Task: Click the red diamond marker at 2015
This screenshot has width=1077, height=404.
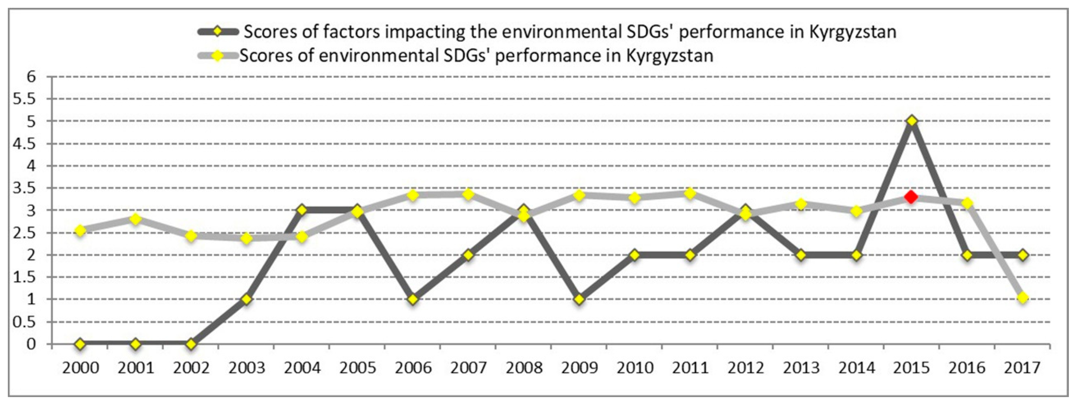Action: pyautogui.click(x=911, y=196)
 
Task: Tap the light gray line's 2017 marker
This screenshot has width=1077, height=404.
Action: pyautogui.click(x=1023, y=298)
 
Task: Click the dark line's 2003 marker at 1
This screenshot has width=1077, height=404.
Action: pyautogui.click(x=246, y=299)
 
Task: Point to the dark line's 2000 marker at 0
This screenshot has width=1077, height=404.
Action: pyautogui.click(x=80, y=344)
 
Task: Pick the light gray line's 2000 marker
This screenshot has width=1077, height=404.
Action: pyautogui.click(x=80, y=230)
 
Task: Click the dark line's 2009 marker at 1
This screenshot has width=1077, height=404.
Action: pyautogui.click(x=579, y=299)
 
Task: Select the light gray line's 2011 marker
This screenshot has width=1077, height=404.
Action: pyautogui.click(x=690, y=193)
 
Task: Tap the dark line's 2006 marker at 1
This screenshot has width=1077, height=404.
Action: pyautogui.click(x=413, y=299)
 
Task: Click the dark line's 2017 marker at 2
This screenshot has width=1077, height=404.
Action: pyautogui.click(x=1023, y=255)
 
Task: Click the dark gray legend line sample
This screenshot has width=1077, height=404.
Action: pyautogui.click(x=218, y=32)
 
